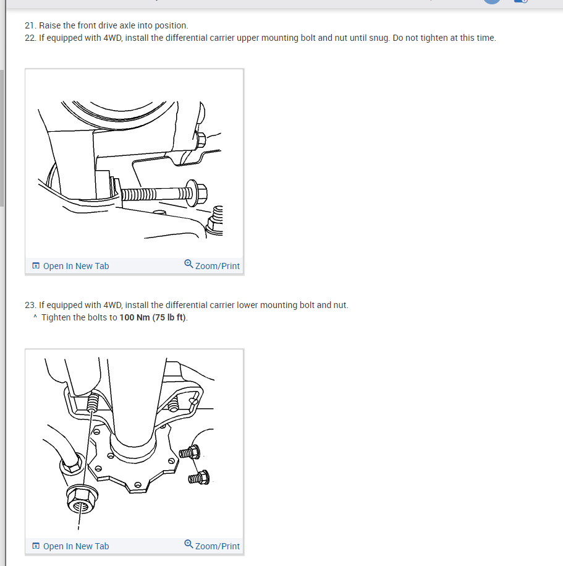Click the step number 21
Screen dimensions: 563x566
pos(30,25)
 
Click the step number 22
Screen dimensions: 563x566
pos(30,38)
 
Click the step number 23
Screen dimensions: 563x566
pos(30,305)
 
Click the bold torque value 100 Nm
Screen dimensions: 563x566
pos(135,317)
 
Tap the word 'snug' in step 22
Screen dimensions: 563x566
pos(378,38)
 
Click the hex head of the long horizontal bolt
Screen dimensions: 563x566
pos(198,193)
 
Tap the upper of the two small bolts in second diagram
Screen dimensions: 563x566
pos(190,452)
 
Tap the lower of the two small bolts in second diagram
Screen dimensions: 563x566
pos(199,478)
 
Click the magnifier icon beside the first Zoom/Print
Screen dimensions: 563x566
pos(188,264)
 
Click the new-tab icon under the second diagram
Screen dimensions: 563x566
pos(36,546)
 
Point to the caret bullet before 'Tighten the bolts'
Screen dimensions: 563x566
pos(35,317)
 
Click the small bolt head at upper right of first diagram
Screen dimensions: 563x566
pos(200,140)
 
